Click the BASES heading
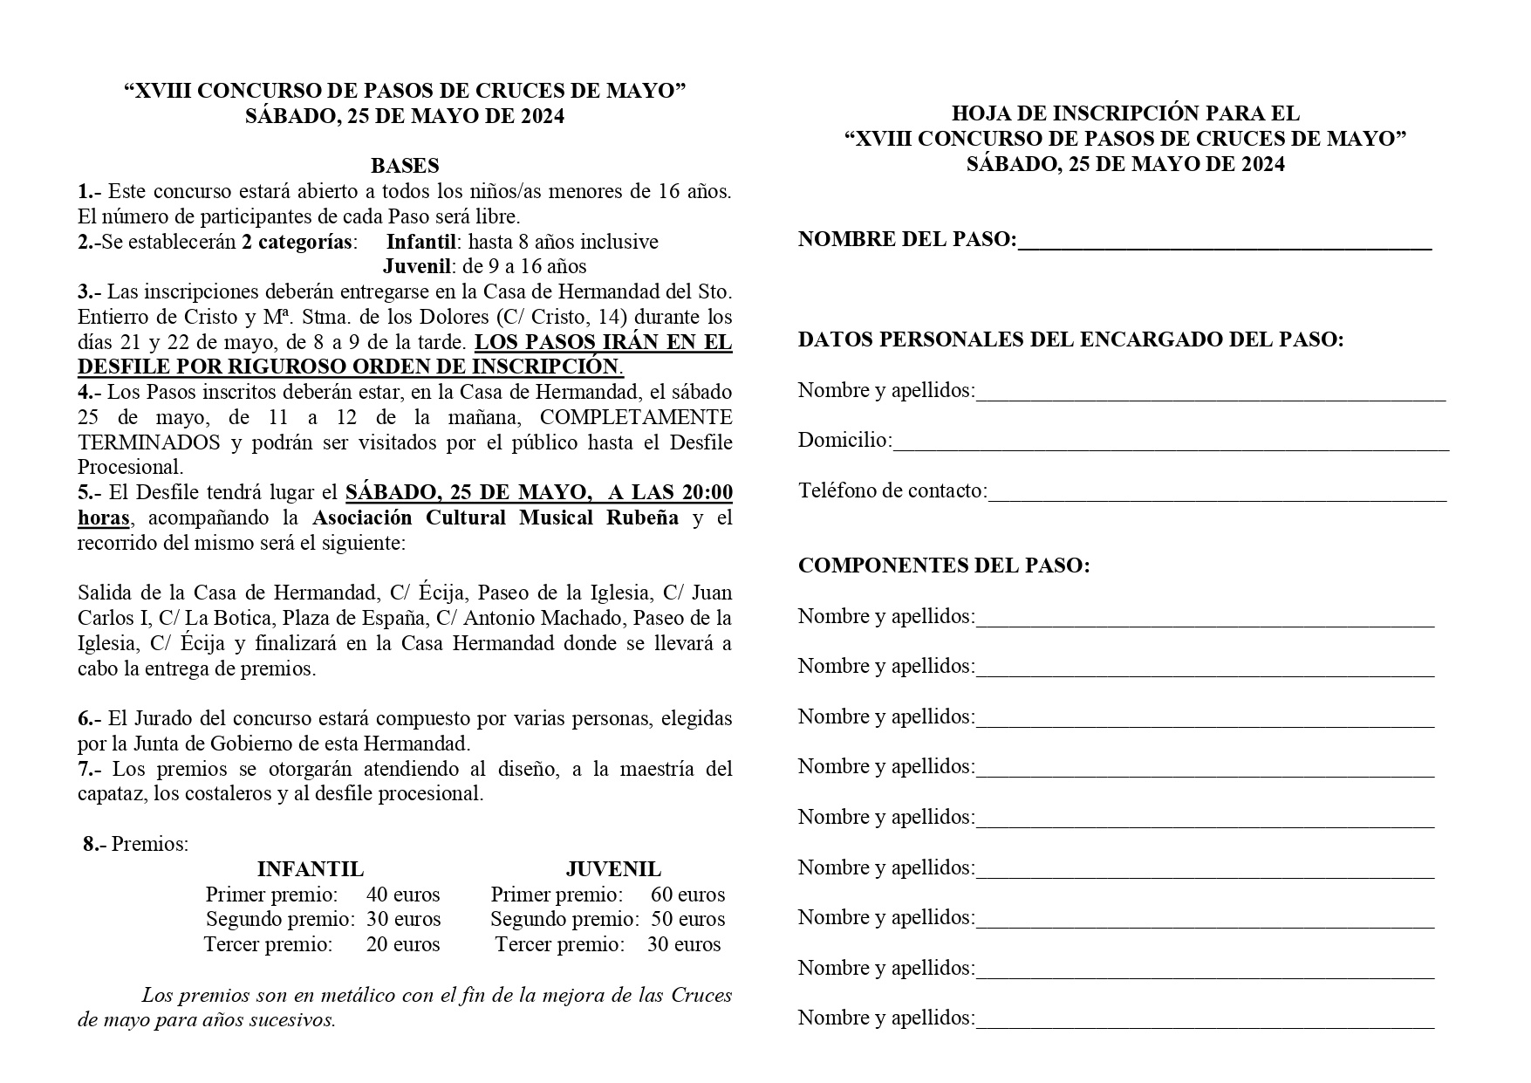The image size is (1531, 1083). [x=405, y=166]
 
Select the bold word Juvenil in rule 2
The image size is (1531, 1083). [x=416, y=266]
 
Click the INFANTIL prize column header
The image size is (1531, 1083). [x=311, y=869]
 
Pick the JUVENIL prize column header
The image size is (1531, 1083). [x=613, y=869]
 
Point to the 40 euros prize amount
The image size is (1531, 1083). [x=403, y=895]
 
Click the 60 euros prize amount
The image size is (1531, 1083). [x=687, y=895]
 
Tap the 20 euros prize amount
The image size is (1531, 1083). [x=403, y=944]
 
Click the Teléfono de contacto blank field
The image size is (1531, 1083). [x=1217, y=492]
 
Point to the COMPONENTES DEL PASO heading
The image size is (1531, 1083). [x=944, y=565]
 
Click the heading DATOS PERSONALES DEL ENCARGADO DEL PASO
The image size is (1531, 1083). [x=1070, y=339]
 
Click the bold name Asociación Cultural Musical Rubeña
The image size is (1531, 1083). [x=496, y=518]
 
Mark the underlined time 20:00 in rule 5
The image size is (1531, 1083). [x=707, y=493]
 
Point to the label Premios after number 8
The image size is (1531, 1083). [x=149, y=844]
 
